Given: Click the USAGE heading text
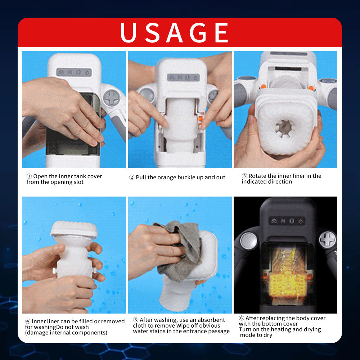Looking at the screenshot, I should pos(175,33).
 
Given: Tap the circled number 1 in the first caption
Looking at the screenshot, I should pos(29,176).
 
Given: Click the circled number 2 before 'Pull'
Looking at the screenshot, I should pos(132,177).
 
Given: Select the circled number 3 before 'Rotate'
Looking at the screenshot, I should pos(244,176).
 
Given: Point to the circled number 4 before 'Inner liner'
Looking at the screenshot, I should pos(28,321).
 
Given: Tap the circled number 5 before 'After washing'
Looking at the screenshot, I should pos(136,320).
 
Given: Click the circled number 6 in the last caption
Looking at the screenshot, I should pos(242,318).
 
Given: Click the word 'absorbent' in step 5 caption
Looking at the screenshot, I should pos(213,320).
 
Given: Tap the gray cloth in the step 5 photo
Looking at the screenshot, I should pos(180,248).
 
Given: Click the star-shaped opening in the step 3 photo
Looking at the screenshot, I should pos(284,128).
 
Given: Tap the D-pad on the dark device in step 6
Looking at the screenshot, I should pos(327,239).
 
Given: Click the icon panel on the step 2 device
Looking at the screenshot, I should pos(183,77).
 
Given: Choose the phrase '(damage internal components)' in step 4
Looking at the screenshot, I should pos(66,333).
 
